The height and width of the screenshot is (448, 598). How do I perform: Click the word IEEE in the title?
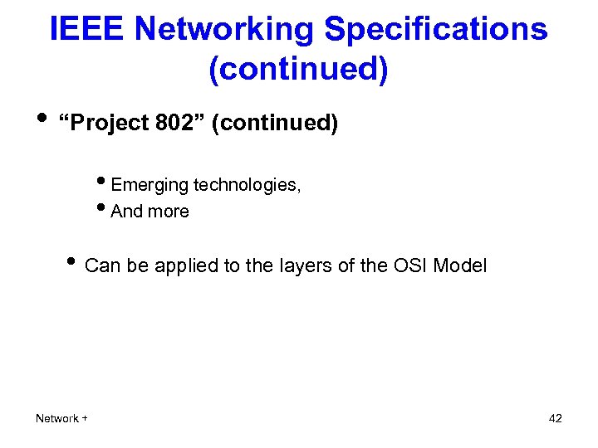coord(87,30)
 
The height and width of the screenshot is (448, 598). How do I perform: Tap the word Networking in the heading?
coord(224,30)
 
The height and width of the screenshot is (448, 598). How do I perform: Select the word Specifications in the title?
coord(435,30)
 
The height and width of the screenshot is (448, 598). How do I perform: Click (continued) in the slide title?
coord(298,70)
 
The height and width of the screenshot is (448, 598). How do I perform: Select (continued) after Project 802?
coord(275,124)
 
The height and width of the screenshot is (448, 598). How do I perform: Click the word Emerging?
coord(149,185)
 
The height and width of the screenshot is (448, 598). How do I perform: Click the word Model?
coord(461,266)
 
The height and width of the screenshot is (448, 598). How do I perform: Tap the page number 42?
coord(556,418)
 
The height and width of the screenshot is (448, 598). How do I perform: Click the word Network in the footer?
coord(56,418)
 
